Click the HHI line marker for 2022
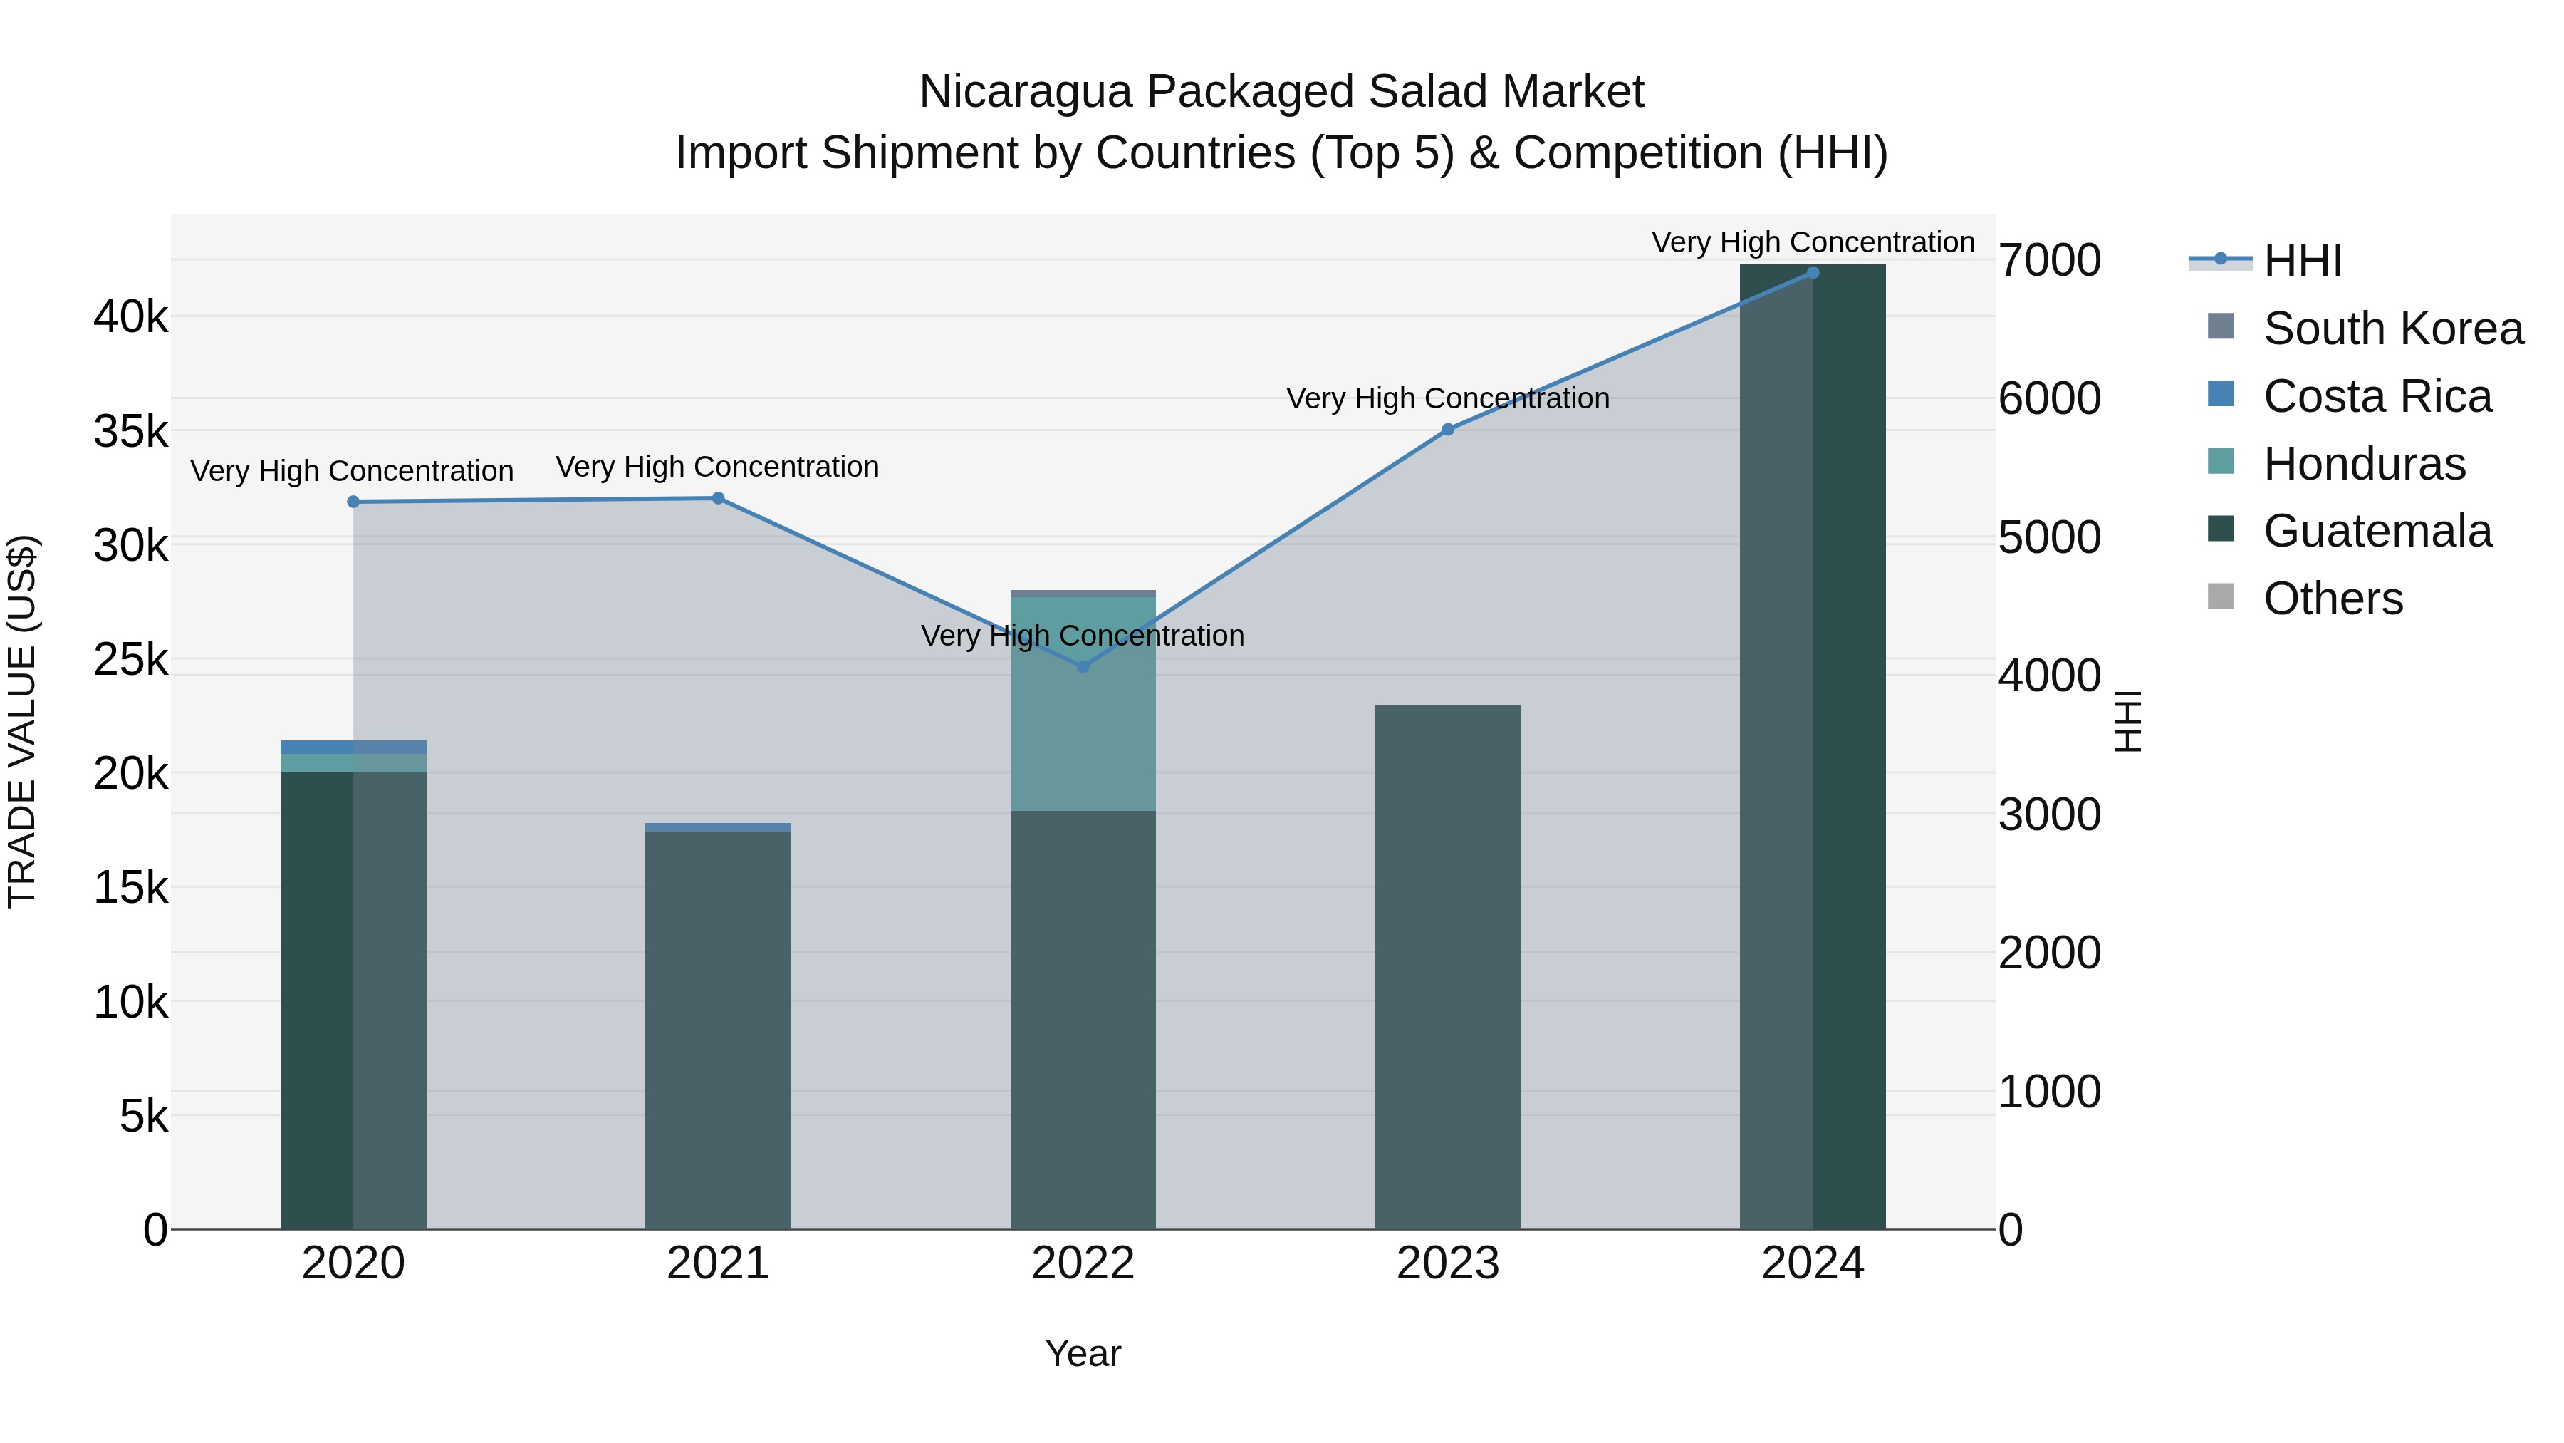(1083, 666)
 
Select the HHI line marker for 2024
(1813, 273)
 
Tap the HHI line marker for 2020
(353, 502)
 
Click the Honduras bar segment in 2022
(1083, 703)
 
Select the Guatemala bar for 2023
(1448, 966)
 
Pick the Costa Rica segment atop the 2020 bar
(353, 747)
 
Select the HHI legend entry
(2301, 261)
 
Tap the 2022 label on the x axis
(1083, 1263)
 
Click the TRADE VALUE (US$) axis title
(22, 721)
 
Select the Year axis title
(1083, 1353)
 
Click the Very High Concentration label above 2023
(1447, 398)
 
